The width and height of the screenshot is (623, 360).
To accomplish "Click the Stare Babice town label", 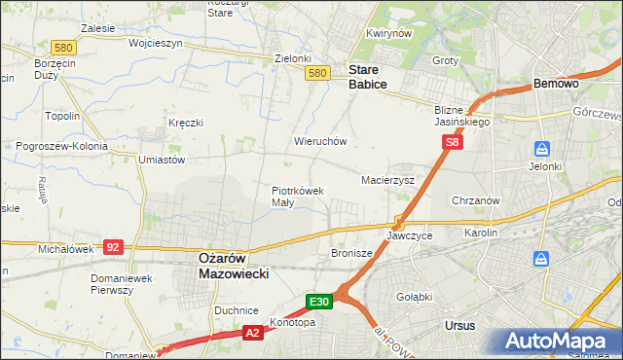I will [368, 78].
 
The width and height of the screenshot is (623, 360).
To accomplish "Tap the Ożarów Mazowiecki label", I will [234, 266].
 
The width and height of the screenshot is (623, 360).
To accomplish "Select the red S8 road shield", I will [452, 143].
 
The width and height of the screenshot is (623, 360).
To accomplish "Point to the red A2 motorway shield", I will [251, 334].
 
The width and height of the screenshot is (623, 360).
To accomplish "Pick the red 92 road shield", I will [113, 247].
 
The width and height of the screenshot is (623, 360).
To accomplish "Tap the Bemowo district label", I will [557, 85].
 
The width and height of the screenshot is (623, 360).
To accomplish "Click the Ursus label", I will [459, 325].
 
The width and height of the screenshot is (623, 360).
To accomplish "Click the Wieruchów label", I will [320, 141].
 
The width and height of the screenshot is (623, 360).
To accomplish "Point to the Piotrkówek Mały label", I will [297, 197].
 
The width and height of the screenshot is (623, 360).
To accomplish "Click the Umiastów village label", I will [162, 159].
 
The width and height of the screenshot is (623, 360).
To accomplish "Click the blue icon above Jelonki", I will [542, 150].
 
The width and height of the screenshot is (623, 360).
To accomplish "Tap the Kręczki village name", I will [185, 123].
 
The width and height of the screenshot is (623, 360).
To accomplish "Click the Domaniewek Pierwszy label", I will [117, 284].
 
